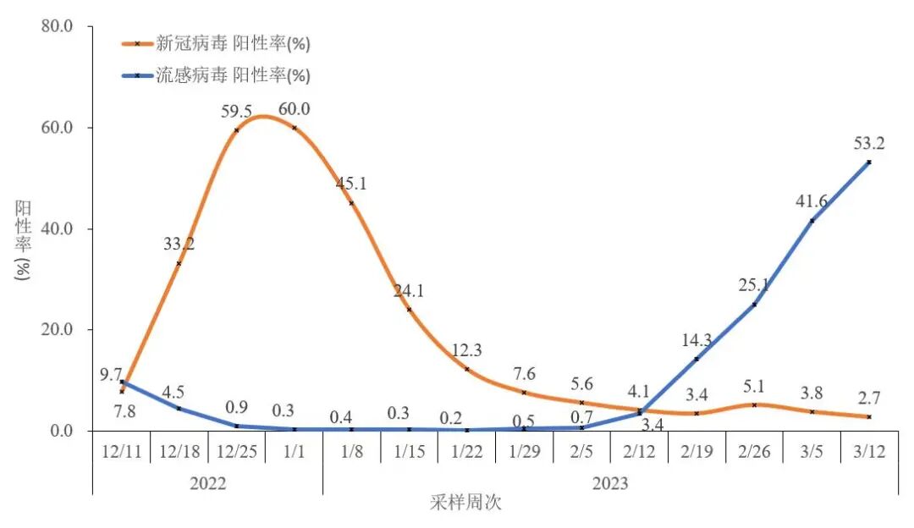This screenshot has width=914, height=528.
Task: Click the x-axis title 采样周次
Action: [465, 503]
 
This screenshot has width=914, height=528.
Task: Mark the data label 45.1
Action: [352, 184]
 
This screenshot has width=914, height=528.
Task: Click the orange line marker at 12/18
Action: [179, 263]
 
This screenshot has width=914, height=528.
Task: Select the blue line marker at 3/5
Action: [812, 221]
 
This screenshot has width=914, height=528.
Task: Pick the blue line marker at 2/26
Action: [754, 304]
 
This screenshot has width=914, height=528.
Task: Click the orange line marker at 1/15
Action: [409, 309]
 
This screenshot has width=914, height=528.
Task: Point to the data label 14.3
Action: [697, 341]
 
